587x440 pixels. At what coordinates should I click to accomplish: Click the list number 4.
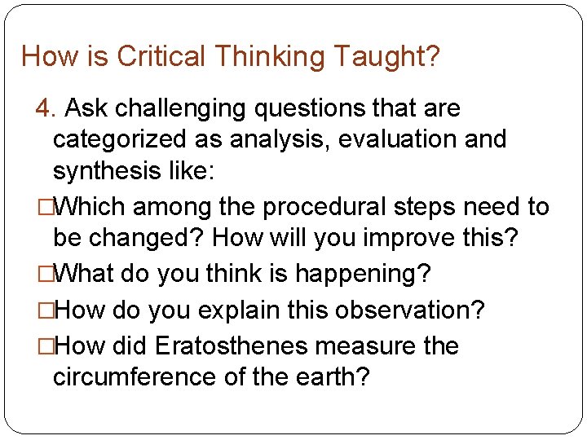(45, 108)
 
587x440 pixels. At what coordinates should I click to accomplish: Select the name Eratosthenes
(231, 346)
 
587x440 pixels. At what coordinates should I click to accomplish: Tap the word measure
(364, 346)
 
